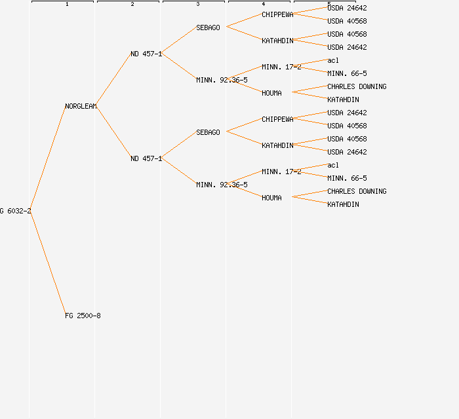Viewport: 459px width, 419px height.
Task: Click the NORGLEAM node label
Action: coord(81,106)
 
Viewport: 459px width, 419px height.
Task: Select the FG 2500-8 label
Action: coord(83,316)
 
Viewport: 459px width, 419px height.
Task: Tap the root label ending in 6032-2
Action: coord(15,211)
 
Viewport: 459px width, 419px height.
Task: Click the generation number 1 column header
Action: coord(67,5)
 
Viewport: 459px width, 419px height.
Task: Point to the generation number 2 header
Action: coord(132,5)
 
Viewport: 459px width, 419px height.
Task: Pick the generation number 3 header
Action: coord(198,5)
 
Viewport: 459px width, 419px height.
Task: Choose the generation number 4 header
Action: coord(264,5)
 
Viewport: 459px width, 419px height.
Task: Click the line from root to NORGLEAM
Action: coord(47,158)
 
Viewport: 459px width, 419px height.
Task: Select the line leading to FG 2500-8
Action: coord(47,263)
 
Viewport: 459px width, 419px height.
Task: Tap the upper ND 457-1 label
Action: coord(146,54)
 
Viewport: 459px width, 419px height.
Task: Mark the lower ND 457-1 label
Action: coord(146,158)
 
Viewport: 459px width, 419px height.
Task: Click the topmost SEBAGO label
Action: coord(208,27)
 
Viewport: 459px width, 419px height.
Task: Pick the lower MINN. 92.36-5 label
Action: coord(222,185)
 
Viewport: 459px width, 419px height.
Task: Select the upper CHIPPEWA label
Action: coord(277,14)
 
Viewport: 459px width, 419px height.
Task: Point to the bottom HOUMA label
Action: coord(271,198)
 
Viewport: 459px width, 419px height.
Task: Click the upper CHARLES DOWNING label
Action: coord(357,86)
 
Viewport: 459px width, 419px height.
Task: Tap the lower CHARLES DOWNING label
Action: coord(357,191)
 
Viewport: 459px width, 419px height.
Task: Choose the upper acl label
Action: coord(333,60)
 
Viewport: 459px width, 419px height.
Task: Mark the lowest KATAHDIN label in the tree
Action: coord(343,204)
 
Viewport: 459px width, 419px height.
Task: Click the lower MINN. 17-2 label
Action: coord(281,172)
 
